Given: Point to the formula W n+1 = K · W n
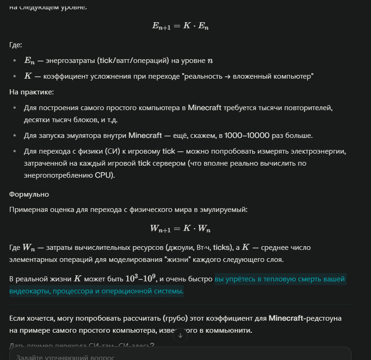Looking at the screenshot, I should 180,228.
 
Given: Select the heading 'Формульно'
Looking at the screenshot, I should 29,194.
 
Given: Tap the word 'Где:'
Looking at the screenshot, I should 16,45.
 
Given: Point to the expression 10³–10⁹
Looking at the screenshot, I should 141,279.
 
